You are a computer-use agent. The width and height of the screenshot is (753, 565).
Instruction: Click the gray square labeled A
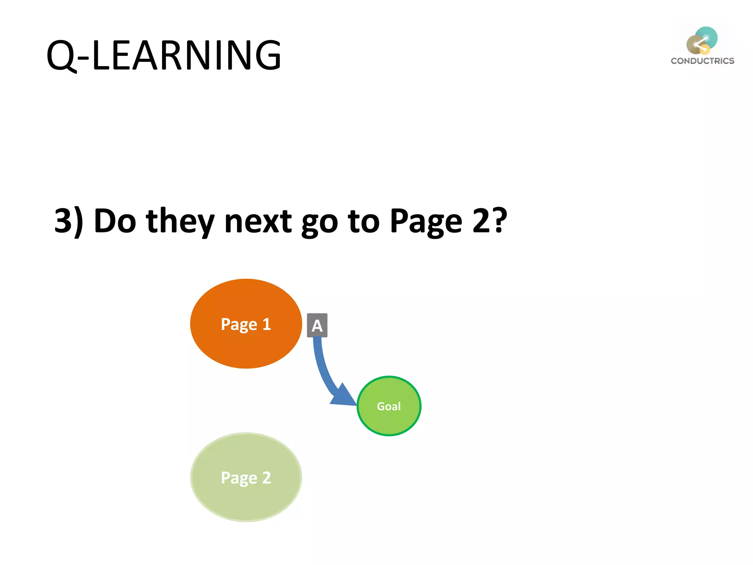tap(317, 325)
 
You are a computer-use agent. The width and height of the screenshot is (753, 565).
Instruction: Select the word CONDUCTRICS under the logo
tap(702, 61)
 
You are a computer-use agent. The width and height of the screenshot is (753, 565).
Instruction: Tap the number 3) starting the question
tap(68, 221)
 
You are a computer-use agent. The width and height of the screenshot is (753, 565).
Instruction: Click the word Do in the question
tap(115, 221)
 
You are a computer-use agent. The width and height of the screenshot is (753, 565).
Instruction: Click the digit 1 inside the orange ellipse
tap(267, 324)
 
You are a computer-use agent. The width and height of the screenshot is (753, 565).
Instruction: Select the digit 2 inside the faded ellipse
tap(267, 477)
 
